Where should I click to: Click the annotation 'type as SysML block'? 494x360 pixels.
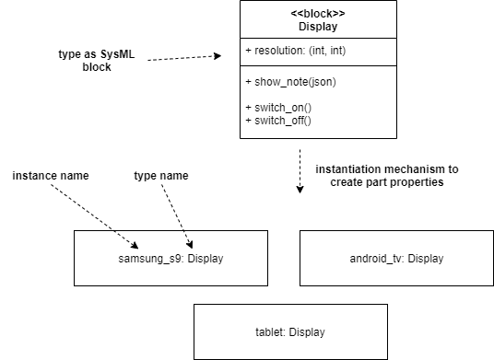(x=95, y=62)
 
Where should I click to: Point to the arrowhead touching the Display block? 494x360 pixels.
(x=218, y=55)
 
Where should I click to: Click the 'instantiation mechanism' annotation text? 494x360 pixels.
(x=386, y=176)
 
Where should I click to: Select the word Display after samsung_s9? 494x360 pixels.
(x=204, y=258)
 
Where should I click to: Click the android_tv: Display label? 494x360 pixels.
(x=396, y=258)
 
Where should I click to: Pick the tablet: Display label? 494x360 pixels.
(x=289, y=331)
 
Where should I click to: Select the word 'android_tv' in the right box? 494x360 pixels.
(x=376, y=258)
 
